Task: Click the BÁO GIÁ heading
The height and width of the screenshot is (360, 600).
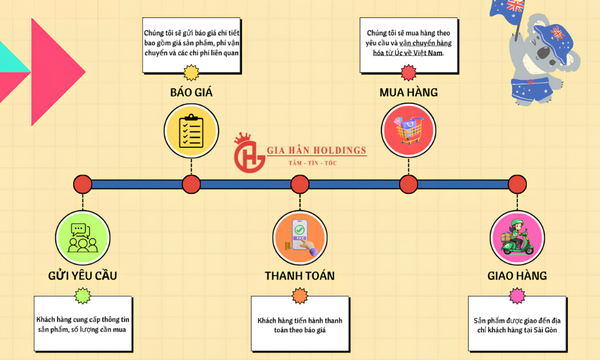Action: (x=191, y=92)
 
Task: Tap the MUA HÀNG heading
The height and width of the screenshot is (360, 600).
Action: (x=408, y=92)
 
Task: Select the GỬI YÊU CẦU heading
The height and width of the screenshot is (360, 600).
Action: (x=83, y=275)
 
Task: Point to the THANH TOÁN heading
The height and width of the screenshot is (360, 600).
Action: (x=299, y=275)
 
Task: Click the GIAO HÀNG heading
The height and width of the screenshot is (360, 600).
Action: (x=517, y=275)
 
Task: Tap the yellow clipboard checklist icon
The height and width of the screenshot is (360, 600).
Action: (x=191, y=130)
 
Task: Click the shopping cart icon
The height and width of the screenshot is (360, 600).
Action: (x=408, y=130)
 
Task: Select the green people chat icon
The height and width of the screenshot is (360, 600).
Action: (x=83, y=238)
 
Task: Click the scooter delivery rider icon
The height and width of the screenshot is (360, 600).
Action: (x=517, y=238)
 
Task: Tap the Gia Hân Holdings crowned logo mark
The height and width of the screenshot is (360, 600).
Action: (x=249, y=153)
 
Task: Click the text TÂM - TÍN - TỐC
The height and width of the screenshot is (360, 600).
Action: (x=313, y=163)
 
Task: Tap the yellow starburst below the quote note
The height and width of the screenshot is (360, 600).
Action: (x=191, y=73)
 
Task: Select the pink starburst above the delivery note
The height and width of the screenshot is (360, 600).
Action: (x=517, y=296)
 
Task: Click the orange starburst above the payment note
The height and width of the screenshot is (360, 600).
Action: (x=299, y=296)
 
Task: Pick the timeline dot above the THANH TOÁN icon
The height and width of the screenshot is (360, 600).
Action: (x=299, y=184)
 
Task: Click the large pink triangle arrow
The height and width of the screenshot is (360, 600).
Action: (x=58, y=72)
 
